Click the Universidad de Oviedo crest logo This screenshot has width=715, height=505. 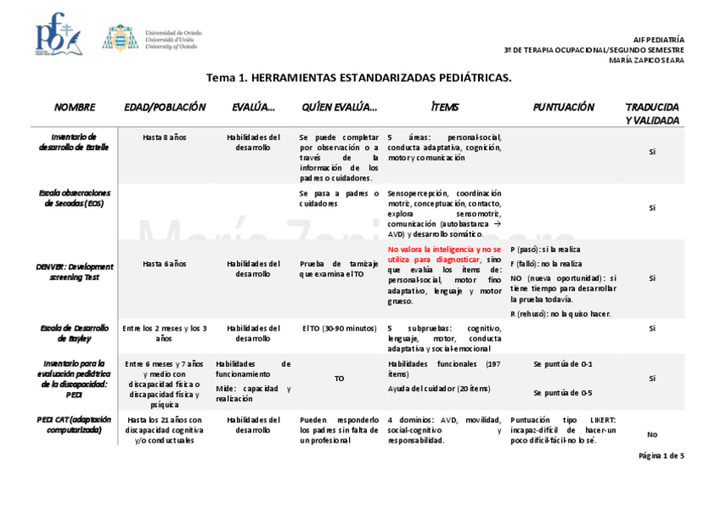pyautogui.click(x=121, y=38)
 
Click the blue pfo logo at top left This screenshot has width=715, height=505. pyautogui.click(x=57, y=35)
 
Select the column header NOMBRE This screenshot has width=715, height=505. pyautogui.click(x=74, y=108)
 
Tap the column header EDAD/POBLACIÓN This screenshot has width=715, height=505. pyautogui.click(x=164, y=108)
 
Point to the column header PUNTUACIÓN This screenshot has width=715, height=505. pyautogui.click(x=563, y=108)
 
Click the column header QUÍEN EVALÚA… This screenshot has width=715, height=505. pyautogui.click(x=339, y=108)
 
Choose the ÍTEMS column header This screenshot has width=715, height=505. pyautogui.click(x=444, y=108)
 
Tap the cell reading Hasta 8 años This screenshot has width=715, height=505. pyautogui.click(x=164, y=137)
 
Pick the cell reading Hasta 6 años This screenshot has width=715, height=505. pyautogui.click(x=164, y=264)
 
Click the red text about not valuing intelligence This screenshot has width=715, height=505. pyautogui.click(x=444, y=255)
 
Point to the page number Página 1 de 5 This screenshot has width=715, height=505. pyautogui.click(x=661, y=455)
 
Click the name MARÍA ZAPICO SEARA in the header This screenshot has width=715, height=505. pyautogui.click(x=646, y=60)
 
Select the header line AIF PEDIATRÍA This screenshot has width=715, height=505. pyautogui.click(x=659, y=40)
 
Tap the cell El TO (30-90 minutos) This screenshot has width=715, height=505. pyautogui.click(x=339, y=328)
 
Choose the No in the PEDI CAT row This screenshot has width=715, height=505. pyautogui.click(x=652, y=434)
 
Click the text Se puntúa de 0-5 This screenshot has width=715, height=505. pyautogui.click(x=562, y=393)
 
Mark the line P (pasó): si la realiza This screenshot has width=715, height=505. pyautogui.click(x=545, y=250)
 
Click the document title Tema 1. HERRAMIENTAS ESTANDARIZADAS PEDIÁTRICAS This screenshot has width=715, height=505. pyautogui.click(x=358, y=78)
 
